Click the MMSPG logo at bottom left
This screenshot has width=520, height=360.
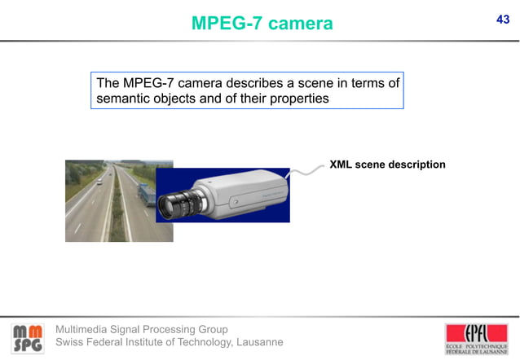coord(28,337)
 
